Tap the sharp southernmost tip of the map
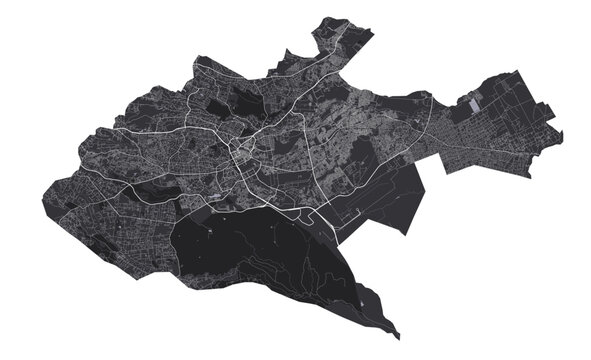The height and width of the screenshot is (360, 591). pos(398,336)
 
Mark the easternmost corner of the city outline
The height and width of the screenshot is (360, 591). pos(563,134)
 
